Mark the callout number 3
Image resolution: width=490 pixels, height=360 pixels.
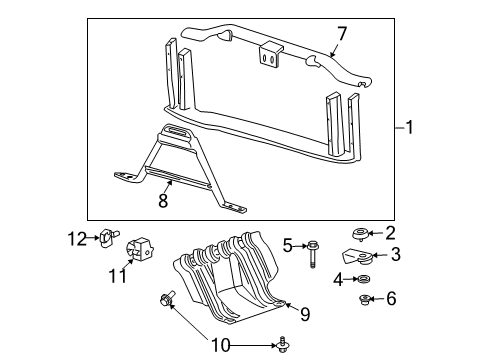pos(395,255)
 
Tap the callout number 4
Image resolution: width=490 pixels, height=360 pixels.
pos(341,279)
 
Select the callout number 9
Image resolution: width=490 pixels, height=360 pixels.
pos(306,315)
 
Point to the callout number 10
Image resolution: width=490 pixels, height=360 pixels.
pos(219,346)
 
